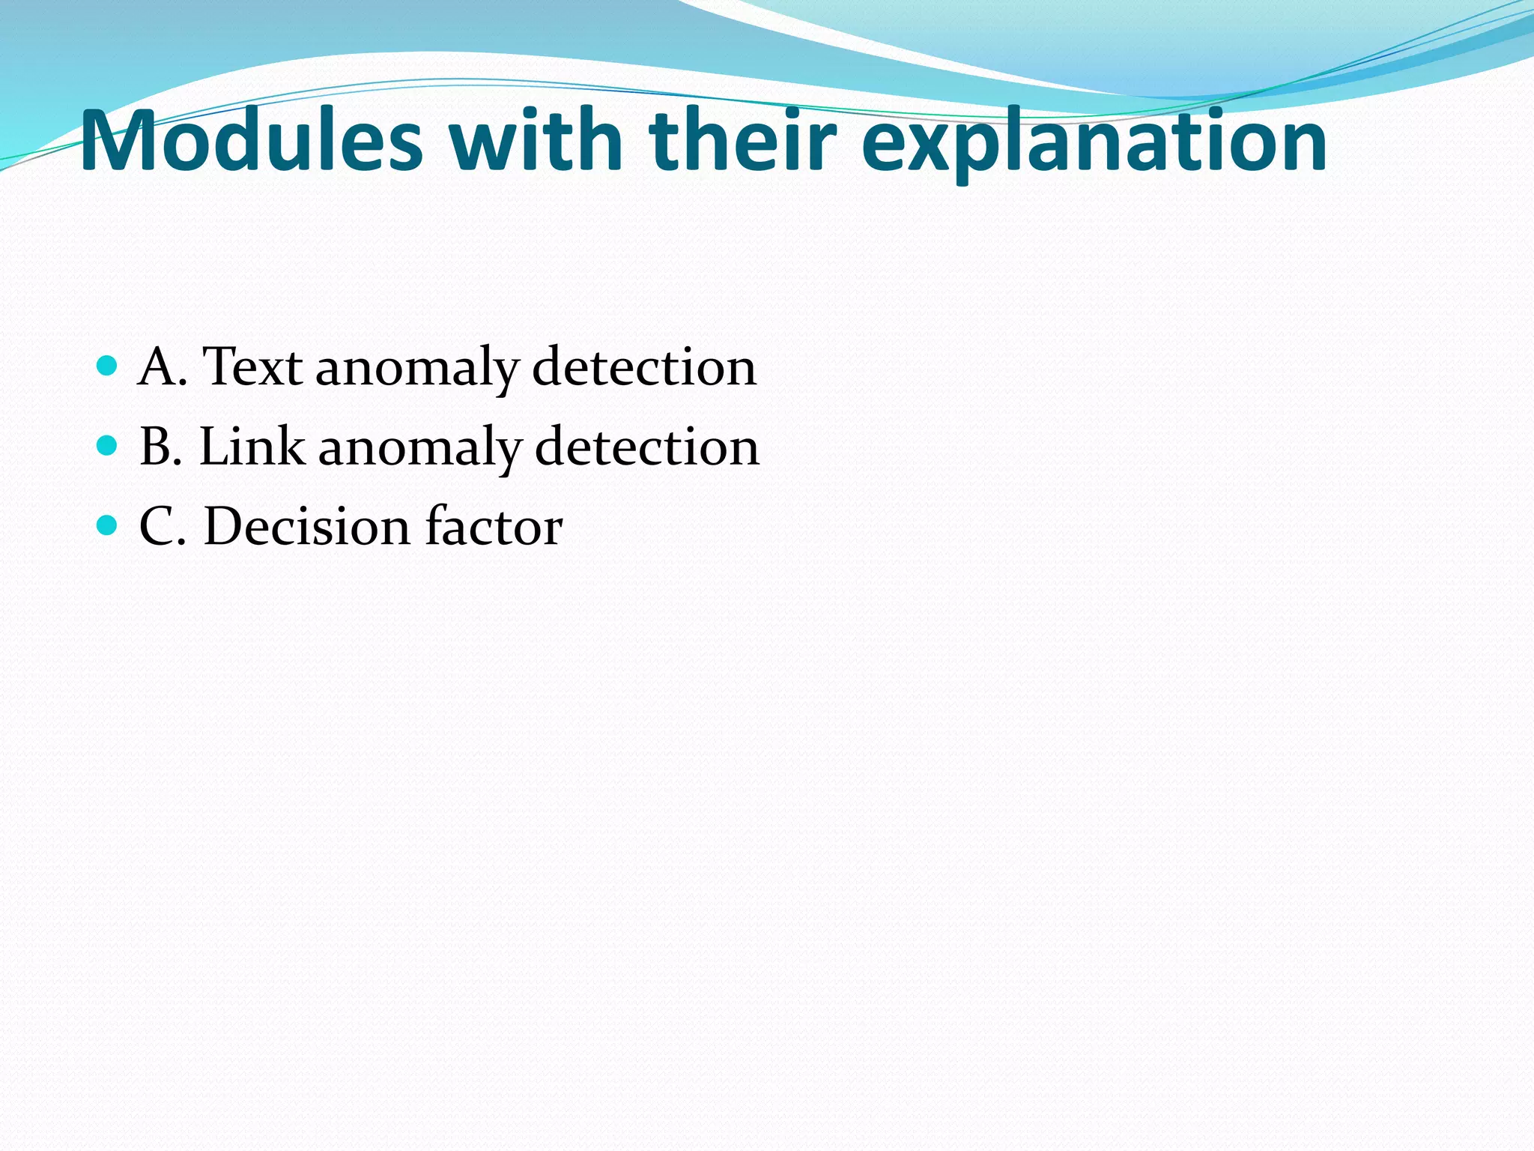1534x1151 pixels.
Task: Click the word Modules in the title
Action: pyautogui.click(x=252, y=140)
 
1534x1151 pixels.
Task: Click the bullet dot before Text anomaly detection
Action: pyautogui.click(x=108, y=366)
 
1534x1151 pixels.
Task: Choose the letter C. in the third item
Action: pyautogui.click(x=163, y=526)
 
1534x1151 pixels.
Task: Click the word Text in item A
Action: pyautogui.click(x=252, y=367)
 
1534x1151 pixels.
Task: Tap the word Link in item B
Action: pyautogui.click(x=252, y=447)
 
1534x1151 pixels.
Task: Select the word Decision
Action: pyautogui.click(x=307, y=526)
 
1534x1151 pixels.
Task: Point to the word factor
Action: pyautogui.click(x=494, y=526)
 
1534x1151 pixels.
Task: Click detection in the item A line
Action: pyautogui.click(x=644, y=367)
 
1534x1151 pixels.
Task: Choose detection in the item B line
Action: pyautogui.click(x=647, y=447)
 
